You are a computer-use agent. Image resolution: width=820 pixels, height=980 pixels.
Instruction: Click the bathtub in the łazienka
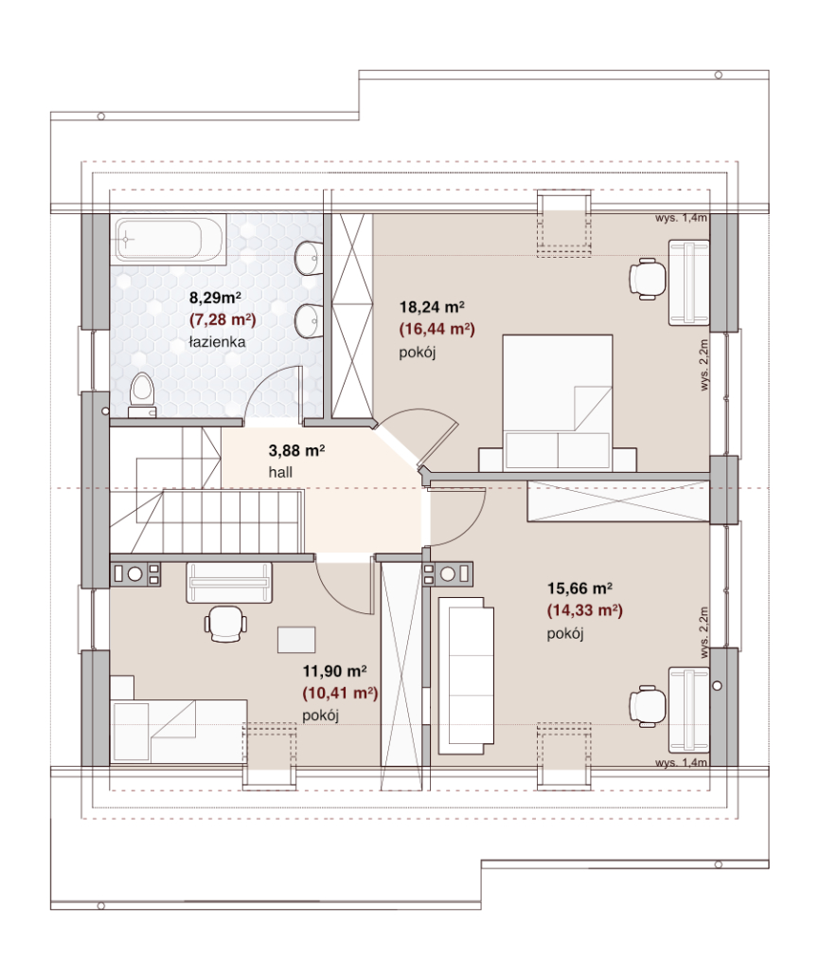click(169, 238)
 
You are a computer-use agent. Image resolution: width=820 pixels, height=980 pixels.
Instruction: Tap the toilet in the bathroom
click(142, 394)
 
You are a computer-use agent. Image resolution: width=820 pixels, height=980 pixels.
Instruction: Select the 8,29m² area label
click(216, 298)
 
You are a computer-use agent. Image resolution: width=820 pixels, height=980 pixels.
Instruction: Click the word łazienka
click(218, 342)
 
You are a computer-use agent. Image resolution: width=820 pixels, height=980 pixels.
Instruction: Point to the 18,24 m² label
click(432, 307)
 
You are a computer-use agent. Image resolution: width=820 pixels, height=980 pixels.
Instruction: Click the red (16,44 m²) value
click(437, 330)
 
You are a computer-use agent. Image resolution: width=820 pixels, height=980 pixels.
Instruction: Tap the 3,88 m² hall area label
click(296, 450)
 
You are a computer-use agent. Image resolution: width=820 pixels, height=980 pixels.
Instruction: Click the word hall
click(280, 473)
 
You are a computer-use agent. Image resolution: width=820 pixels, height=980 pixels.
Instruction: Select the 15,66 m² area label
click(579, 589)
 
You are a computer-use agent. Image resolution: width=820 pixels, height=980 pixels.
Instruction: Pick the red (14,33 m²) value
click(585, 610)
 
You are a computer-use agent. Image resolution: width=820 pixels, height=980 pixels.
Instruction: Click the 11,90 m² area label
click(335, 671)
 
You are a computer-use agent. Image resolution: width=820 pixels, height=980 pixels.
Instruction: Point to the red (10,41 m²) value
click(340, 693)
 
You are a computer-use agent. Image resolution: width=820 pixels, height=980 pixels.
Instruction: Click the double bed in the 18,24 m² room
click(558, 403)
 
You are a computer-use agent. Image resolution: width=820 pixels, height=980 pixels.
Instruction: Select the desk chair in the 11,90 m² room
click(224, 624)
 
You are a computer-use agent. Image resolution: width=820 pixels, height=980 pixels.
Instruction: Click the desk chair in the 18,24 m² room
click(648, 278)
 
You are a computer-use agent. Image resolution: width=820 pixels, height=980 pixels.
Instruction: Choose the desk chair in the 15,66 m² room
click(648, 707)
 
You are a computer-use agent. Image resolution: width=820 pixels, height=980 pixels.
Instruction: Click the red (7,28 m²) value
click(223, 320)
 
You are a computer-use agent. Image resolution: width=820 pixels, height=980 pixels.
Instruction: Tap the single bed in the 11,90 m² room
click(179, 731)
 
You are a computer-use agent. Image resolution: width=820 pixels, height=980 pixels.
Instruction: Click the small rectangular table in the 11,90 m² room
click(296, 640)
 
